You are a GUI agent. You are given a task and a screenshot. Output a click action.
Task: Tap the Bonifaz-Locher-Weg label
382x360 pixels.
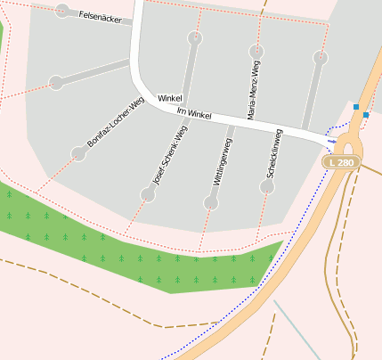115,122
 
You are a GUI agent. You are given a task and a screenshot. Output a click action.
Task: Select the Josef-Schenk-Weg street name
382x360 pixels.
170,154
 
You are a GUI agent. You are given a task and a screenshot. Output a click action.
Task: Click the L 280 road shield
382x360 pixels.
341,162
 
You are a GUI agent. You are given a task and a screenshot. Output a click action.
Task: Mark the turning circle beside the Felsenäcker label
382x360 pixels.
62,11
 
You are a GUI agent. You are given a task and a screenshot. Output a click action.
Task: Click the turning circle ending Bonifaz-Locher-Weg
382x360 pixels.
78,153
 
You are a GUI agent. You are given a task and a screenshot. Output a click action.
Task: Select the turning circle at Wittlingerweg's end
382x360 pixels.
211,203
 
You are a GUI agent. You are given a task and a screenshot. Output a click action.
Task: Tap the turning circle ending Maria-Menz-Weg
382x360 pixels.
256,51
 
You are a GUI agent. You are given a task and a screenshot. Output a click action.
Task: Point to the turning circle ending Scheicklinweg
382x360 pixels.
267,187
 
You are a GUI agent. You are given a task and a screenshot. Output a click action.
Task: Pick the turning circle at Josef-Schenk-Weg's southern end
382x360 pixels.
148,194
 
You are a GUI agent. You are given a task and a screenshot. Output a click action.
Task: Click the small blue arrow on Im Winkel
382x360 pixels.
332,141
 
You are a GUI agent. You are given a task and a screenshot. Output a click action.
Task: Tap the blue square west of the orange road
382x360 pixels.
356,107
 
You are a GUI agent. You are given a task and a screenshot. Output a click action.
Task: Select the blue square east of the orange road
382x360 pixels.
366,114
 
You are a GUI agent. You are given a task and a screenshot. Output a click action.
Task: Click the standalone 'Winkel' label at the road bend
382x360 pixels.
169,97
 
